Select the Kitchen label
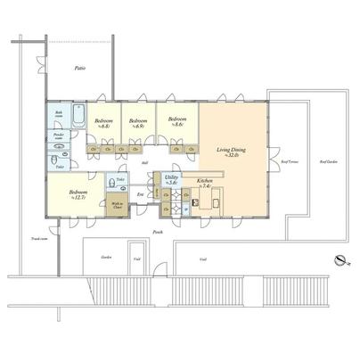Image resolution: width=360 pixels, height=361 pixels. (204, 183)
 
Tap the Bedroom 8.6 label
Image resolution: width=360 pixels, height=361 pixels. (176, 121)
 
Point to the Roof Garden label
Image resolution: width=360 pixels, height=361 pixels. (331, 162)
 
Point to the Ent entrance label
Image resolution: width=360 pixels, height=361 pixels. (140, 193)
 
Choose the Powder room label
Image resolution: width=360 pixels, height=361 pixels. (59, 137)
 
